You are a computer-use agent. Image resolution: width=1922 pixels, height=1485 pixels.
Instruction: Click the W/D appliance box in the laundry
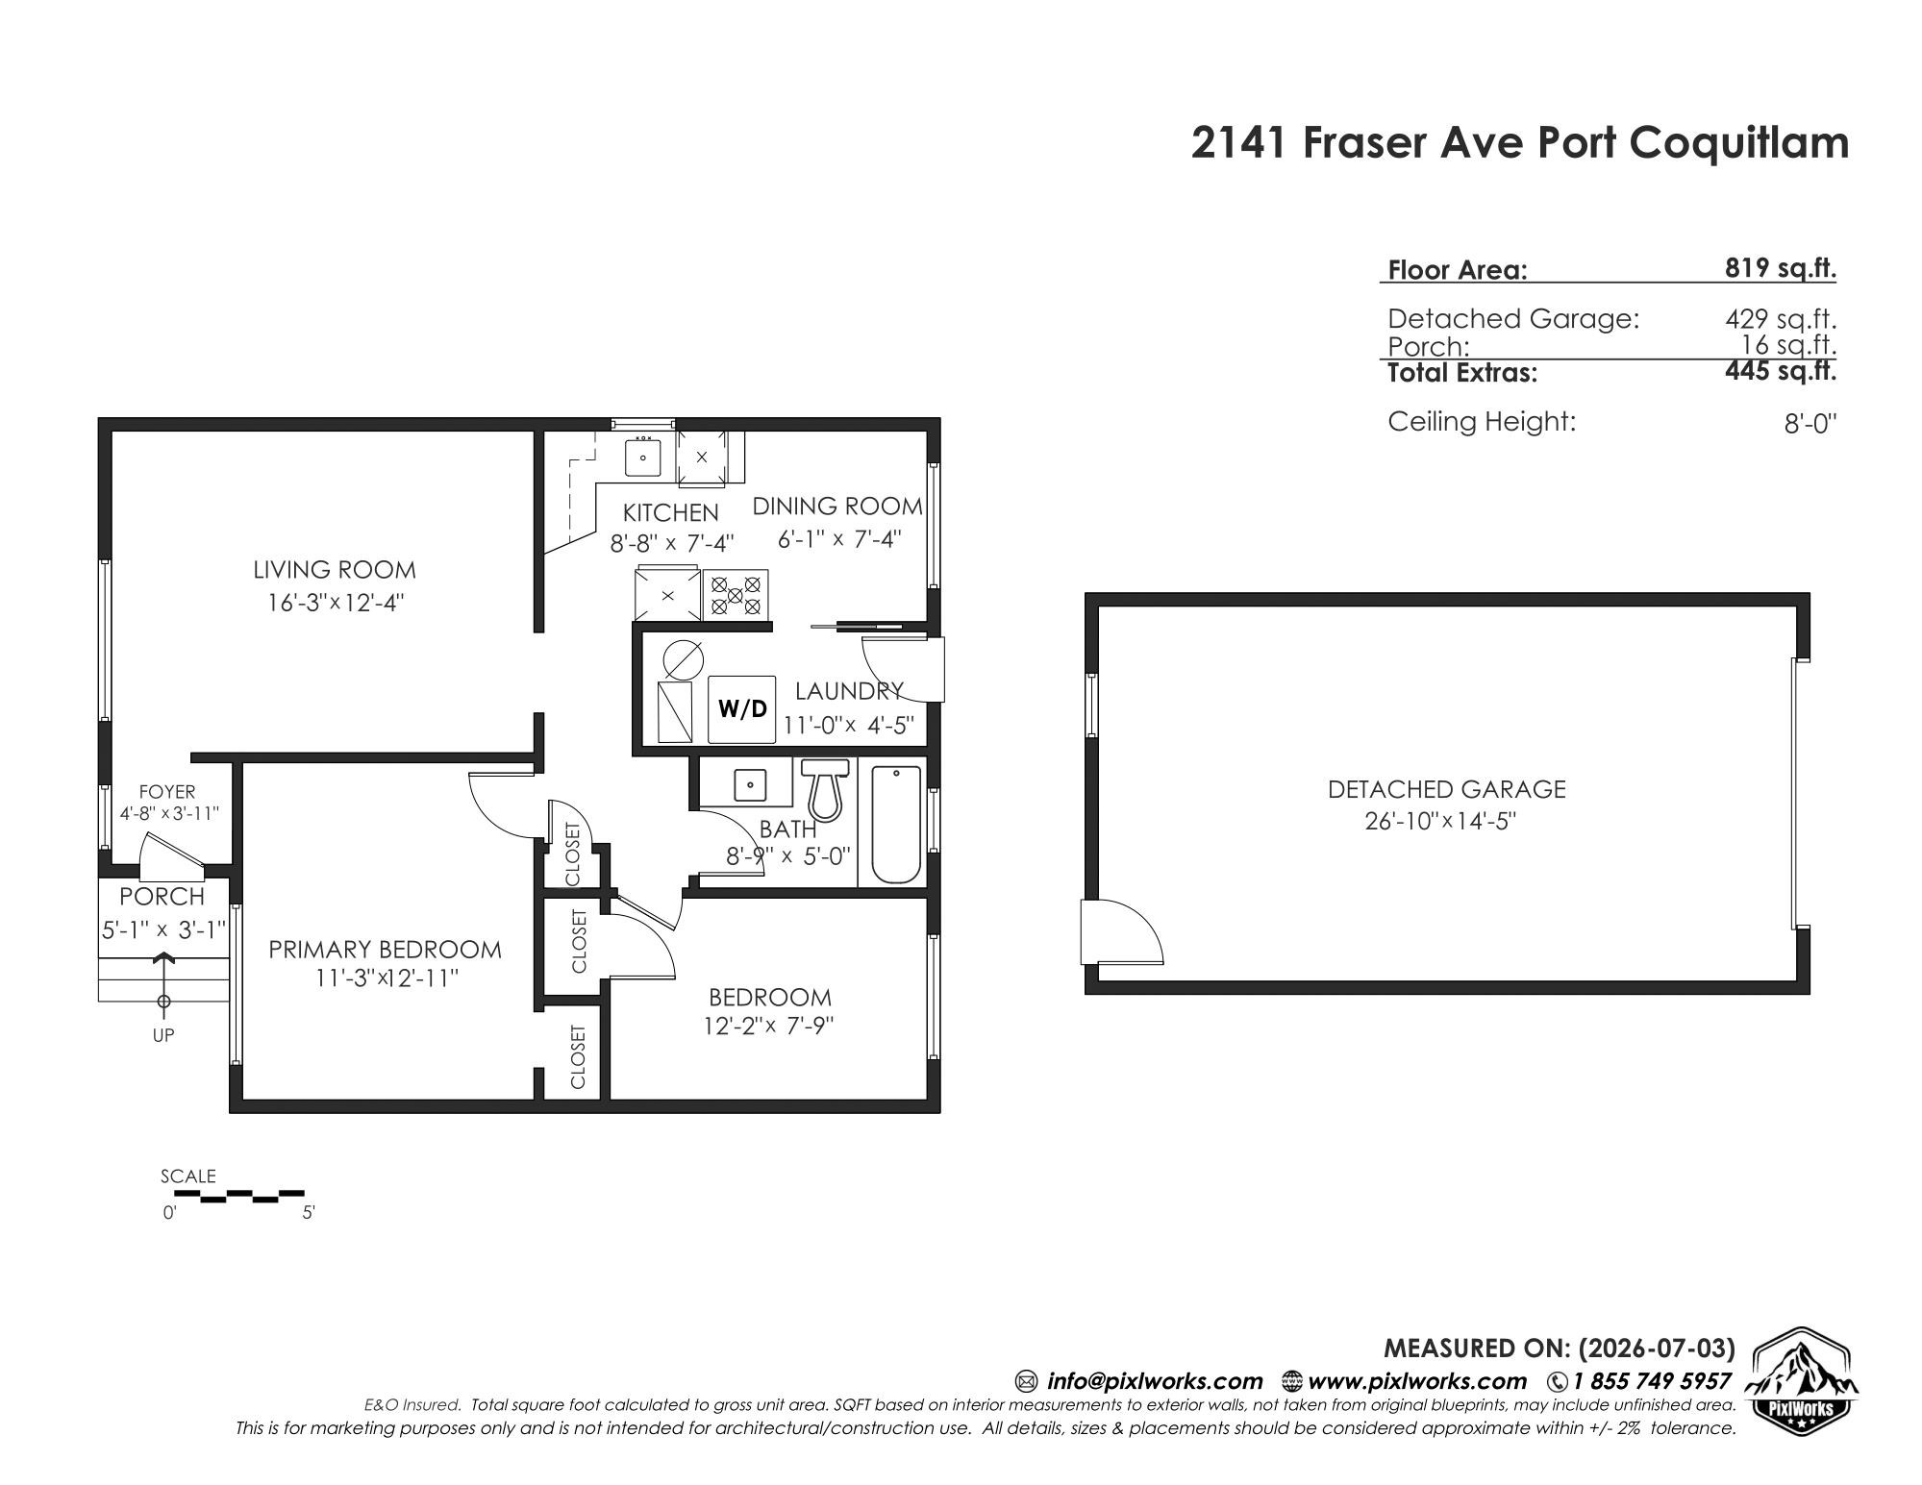[x=741, y=709]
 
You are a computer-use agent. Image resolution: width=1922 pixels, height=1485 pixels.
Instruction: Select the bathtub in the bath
[x=895, y=824]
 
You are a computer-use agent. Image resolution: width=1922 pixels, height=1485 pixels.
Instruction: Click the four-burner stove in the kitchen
[x=736, y=594]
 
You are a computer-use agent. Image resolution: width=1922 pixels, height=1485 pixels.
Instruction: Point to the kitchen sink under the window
[x=642, y=458]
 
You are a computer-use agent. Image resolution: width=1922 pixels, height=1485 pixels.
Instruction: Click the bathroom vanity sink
[x=749, y=784]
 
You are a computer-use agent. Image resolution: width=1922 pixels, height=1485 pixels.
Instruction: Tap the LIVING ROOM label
[x=335, y=570]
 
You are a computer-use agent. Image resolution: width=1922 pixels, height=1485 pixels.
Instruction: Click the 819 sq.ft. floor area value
[x=1780, y=268]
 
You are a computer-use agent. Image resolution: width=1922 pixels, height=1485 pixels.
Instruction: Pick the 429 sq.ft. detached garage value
[x=1781, y=318]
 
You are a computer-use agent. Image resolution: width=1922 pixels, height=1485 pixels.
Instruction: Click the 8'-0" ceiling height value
[x=1810, y=424]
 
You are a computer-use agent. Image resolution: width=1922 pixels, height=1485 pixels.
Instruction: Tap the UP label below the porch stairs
[x=163, y=1035]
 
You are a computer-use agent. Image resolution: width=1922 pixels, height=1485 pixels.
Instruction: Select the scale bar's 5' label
[x=309, y=1213]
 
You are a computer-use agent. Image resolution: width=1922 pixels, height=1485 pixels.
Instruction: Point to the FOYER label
[x=167, y=792]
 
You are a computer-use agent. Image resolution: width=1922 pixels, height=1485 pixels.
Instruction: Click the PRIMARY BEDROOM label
[x=385, y=950]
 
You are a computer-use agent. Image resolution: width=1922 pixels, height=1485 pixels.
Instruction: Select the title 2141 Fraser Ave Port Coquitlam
[x=1520, y=143]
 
